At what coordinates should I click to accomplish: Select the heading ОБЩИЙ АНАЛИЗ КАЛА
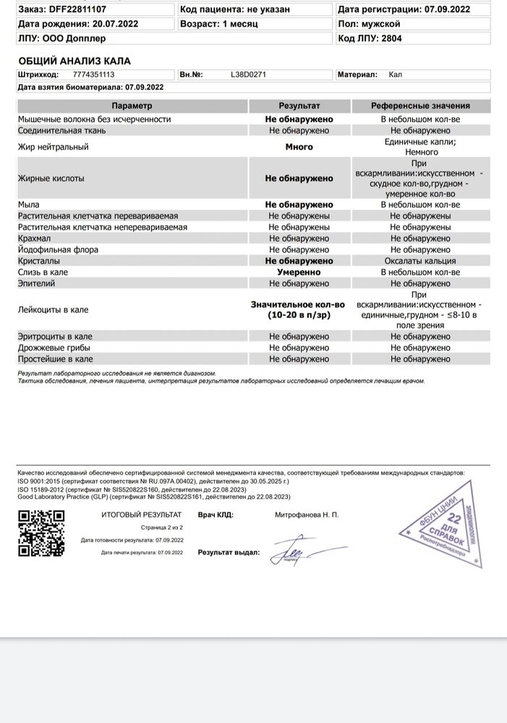coord(74,61)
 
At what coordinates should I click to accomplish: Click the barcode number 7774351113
coord(93,74)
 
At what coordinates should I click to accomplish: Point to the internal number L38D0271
coord(248,74)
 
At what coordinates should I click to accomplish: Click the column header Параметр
coord(132,106)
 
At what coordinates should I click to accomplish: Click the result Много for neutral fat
coord(299,147)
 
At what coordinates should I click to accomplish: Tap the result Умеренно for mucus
coord(299,272)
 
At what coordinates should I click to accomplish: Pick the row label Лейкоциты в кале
coord(53,309)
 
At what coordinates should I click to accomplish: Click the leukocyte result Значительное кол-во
coord(299,305)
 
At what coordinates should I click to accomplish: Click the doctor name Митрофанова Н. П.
coord(307,515)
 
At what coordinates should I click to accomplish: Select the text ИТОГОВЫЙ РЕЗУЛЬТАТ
coord(141,515)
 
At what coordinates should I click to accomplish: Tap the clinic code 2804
coord(392,38)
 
